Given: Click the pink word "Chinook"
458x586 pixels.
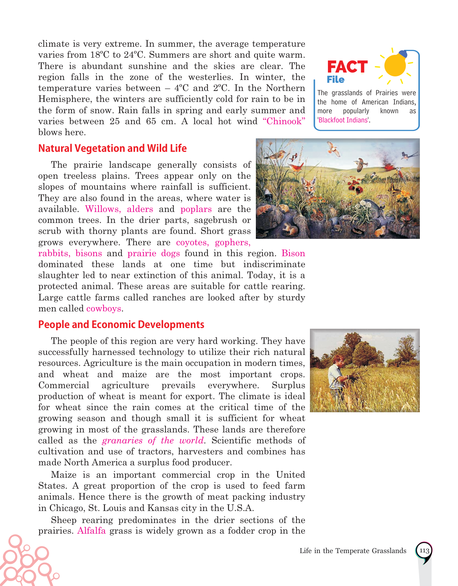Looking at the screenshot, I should pos(284,121).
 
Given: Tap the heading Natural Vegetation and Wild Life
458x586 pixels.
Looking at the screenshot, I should pos(112,148).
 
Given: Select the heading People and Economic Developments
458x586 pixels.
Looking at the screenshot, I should pos(121,324).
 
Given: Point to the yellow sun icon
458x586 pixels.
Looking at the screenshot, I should pos(395,65).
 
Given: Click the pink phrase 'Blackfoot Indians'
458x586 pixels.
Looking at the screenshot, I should pos(343,120).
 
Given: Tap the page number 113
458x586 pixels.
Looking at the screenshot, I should pos(424,551).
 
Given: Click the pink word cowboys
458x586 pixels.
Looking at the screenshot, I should pos(104,309).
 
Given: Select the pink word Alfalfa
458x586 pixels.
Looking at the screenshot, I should pos(91,531).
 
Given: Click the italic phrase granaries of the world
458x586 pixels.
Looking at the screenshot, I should pos(153,441).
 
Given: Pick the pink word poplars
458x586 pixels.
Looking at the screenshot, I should pos(196,209).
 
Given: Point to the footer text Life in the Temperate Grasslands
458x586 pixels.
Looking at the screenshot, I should pos(353,551).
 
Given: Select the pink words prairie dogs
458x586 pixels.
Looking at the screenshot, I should pos(154,253).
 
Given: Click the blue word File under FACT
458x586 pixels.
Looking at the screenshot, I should pos(335,80).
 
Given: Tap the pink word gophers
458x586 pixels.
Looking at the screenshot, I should pos(233,242).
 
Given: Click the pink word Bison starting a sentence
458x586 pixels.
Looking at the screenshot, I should pos(293,253).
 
